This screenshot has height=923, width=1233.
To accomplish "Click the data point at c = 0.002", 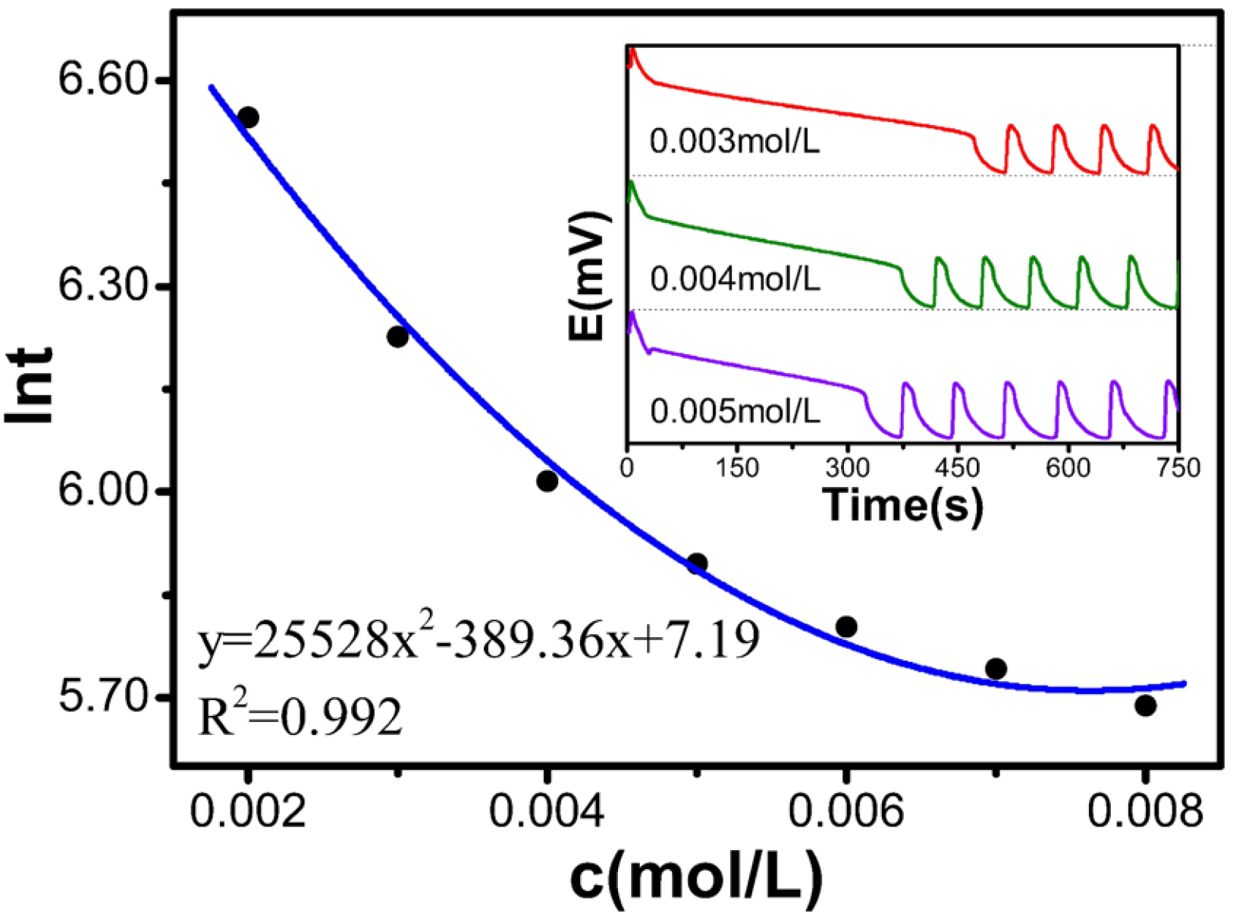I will click(248, 118).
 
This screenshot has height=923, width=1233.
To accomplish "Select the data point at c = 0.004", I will click(547, 481).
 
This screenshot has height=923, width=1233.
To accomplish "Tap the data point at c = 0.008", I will click(1145, 705).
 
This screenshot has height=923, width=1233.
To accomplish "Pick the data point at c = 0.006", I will click(846, 626).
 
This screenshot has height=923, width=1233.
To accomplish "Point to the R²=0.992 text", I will click(300, 717).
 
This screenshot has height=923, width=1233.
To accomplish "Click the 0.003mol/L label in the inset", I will click(735, 142).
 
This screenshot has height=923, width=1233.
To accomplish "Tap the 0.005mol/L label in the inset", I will click(735, 412).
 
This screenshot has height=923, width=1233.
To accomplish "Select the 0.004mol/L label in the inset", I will click(735, 280).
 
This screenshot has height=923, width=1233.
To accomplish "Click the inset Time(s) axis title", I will click(902, 504).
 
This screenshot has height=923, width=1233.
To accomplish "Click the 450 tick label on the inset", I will click(958, 467).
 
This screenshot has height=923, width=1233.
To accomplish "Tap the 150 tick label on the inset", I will click(737, 467).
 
